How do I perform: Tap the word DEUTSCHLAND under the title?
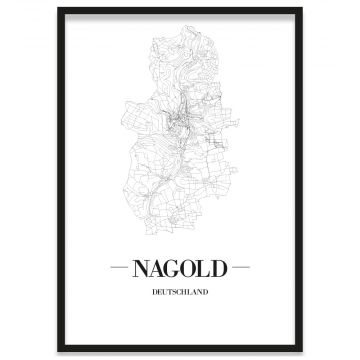[x=179, y=293]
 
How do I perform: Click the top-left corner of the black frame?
[x=59, y=9]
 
